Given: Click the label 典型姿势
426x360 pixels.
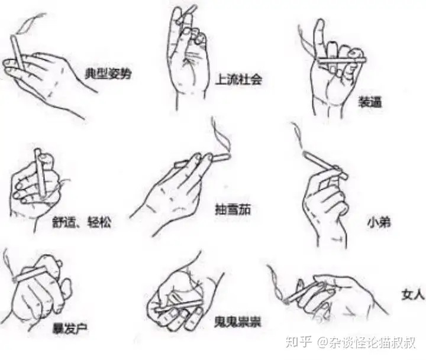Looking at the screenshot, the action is pos(108,73).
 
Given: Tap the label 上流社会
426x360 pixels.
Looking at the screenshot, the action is pos(238,79).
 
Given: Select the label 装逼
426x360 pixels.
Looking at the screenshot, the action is pos(369,102).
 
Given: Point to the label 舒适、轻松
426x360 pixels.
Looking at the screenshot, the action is pos(82,222).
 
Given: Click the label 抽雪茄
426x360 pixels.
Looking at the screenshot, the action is pos(233,210).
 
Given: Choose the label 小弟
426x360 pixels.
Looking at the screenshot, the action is pos(379,222).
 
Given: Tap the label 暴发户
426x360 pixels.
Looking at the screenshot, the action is pos(70,328).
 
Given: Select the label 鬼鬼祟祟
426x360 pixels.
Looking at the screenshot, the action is pos(237,322).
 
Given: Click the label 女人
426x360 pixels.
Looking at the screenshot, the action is pos(412,295).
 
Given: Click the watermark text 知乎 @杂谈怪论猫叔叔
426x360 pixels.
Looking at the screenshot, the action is pos(350,342).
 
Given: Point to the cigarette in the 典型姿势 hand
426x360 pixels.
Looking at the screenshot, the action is pos(18,53).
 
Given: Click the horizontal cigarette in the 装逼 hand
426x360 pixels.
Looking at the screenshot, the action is pos(341,60).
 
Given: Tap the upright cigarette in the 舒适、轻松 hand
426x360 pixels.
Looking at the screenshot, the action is pos(40,173).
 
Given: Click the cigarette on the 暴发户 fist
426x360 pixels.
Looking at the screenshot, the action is pos(30,274).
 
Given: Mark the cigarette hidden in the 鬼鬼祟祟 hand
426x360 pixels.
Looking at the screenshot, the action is pos(179,306).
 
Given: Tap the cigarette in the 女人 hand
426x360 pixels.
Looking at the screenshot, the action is pos(304,293).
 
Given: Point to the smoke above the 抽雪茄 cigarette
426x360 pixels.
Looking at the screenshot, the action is pos(221,136).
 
